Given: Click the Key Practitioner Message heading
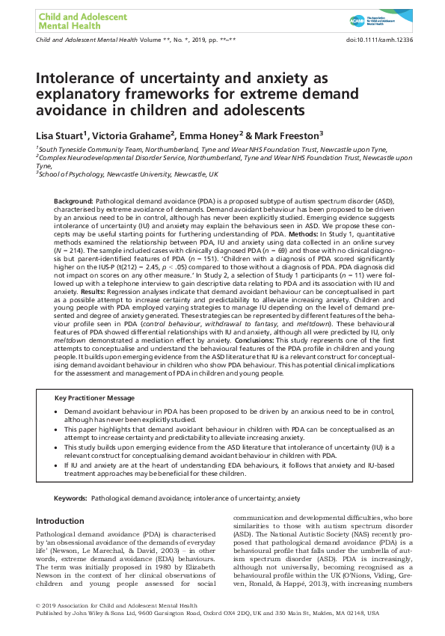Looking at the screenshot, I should [x=94, y=397].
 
